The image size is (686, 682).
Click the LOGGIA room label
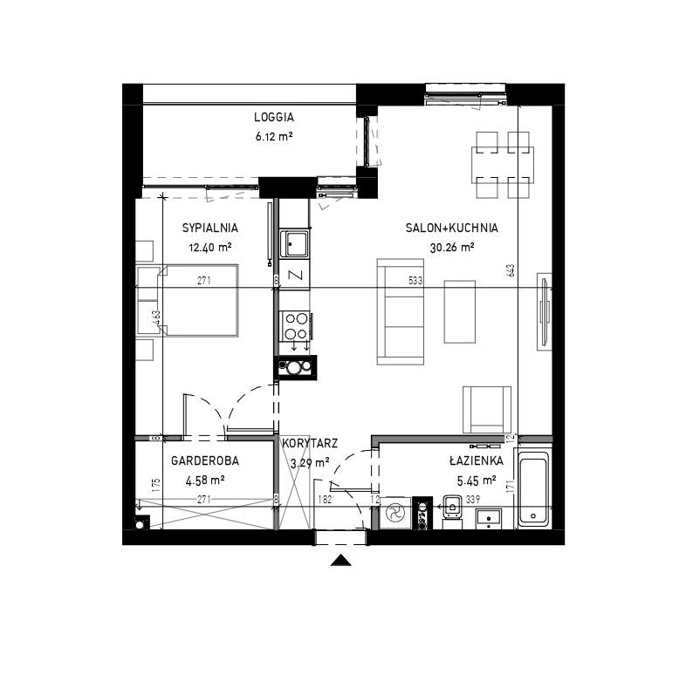(x=274, y=117)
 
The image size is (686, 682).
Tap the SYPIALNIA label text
(x=210, y=228)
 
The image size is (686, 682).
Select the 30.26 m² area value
(x=452, y=248)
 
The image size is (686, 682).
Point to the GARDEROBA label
(x=205, y=460)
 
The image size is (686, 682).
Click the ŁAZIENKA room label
(x=476, y=460)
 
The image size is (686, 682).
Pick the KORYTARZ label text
(x=310, y=443)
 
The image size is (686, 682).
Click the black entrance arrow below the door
(x=340, y=561)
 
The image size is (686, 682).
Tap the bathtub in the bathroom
(x=533, y=488)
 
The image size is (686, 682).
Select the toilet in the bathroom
(x=452, y=508)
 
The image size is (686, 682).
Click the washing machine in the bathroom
(x=395, y=513)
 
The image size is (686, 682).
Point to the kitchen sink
(x=294, y=244)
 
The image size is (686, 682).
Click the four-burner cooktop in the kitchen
(x=296, y=326)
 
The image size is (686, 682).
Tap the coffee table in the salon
(x=460, y=311)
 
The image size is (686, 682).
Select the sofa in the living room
(x=401, y=311)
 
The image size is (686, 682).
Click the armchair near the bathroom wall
(x=487, y=410)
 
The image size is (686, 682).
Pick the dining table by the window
(x=503, y=165)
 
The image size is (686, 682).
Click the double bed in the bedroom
(x=188, y=301)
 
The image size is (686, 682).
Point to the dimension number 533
(x=415, y=281)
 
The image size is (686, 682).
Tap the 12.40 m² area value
(x=210, y=248)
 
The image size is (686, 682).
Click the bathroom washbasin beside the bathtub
(x=489, y=519)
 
